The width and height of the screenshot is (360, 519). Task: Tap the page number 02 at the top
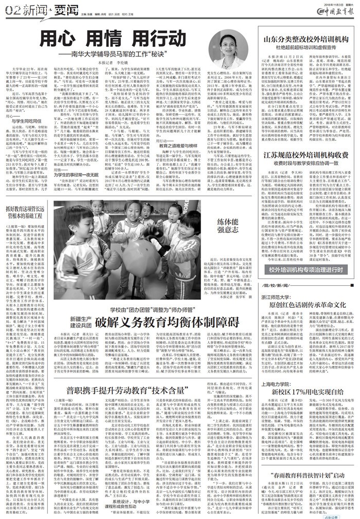point(9,8)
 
